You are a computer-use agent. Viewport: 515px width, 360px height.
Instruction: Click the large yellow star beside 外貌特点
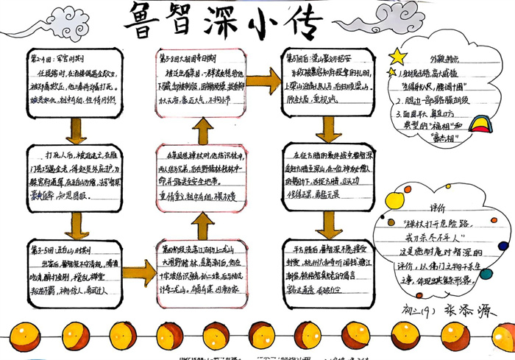[397, 56]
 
